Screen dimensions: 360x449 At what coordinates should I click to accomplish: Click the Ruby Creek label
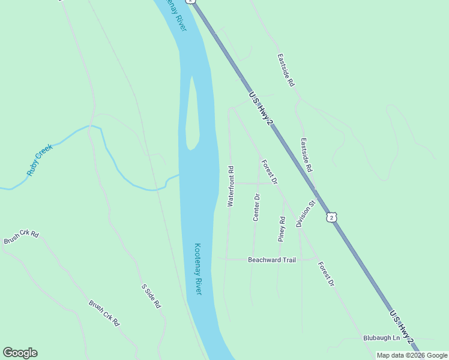coord(40,159)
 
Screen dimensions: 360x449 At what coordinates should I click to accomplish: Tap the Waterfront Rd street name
coord(231,187)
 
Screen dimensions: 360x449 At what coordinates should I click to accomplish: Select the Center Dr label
coord(256,207)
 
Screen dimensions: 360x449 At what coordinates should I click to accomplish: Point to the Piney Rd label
coord(282,229)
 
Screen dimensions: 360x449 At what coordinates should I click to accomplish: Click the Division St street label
coord(306,214)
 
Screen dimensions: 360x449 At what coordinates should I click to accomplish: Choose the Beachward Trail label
coord(272,260)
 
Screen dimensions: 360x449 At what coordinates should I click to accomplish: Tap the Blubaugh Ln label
coord(381,338)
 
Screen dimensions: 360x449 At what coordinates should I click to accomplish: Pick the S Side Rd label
coord(151,296)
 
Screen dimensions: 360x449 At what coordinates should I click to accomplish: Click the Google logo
coord(20,353)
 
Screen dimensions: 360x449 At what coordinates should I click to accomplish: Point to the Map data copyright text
coord(412,355)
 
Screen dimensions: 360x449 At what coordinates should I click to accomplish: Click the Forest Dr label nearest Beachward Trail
coord(326,274)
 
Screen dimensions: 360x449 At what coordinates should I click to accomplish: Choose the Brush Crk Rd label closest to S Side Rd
coord(104,313)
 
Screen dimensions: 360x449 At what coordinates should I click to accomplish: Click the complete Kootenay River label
coord(198,268)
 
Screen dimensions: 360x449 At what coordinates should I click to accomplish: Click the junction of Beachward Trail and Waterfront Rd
coord(227,259)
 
